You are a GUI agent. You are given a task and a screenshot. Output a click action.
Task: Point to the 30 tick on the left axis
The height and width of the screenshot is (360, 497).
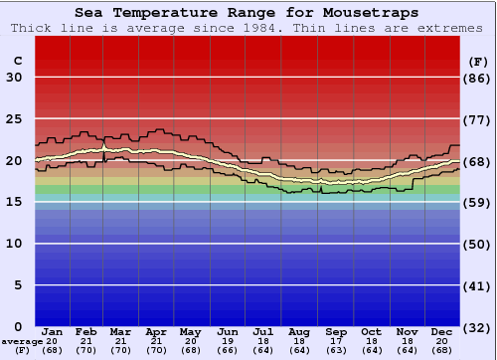[14, 78]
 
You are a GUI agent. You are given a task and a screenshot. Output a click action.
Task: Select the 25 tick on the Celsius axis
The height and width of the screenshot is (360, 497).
[14, 119]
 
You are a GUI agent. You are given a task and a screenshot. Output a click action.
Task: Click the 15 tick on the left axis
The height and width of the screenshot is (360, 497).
[14, 202]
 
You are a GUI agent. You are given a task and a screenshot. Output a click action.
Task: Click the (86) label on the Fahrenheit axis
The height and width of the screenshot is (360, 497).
[478, 78]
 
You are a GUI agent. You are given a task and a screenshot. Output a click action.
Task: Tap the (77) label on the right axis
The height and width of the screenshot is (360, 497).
[478, 119]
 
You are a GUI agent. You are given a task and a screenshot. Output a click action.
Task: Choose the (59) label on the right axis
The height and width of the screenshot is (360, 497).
[478, 202]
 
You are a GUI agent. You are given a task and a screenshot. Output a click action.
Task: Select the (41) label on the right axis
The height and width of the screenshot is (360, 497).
[478, 285]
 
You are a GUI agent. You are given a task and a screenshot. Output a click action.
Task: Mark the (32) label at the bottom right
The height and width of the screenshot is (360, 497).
[478, 326]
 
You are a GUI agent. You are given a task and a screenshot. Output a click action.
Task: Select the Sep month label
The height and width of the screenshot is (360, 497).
[336, 331]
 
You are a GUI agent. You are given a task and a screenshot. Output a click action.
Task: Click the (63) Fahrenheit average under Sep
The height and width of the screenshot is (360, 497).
[336, 349]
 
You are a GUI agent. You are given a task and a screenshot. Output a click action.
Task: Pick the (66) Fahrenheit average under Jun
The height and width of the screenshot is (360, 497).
[229, 349]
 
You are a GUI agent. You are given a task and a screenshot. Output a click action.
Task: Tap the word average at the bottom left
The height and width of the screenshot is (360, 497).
[22, 341]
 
